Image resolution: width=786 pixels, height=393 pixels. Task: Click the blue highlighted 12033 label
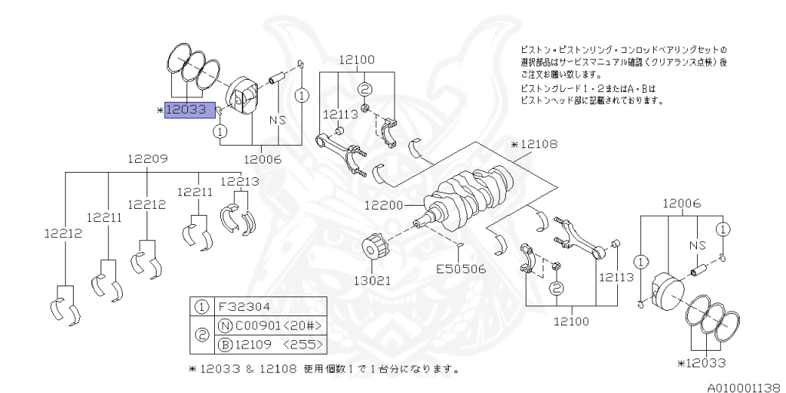[185, 110]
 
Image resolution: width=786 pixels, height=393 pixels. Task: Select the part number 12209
[147, 159]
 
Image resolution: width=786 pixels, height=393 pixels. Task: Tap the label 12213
[239, 181]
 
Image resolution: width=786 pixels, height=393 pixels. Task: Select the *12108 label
[533, 144]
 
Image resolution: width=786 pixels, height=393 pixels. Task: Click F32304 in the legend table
[245, 305]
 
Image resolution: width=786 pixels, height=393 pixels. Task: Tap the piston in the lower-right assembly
[665, 292]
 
